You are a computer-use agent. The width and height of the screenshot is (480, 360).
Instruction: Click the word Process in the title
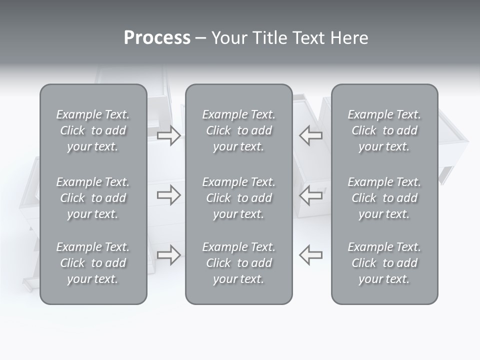coord(157,38)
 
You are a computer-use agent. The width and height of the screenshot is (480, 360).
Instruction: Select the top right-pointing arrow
coord(169,135)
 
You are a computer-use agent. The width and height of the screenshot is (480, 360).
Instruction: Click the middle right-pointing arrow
coord(169,195)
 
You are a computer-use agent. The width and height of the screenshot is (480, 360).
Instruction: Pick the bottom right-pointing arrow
coord(169,255)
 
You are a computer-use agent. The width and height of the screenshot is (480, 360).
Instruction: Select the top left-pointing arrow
coord(311,135)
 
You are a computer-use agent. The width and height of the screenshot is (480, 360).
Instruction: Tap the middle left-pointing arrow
coord(311,195)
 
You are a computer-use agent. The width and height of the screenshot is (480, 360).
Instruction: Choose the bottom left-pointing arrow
coord(311,255)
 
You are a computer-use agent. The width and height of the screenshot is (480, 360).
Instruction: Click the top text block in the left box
coord(93,130)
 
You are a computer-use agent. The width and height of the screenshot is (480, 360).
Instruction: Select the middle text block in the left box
coord(93,198)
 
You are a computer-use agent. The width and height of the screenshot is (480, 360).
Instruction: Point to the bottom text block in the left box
coord(93,263)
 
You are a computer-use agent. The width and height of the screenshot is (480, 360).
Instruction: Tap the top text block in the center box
coord(238,130)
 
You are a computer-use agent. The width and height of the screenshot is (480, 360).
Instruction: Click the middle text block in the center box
coord(238,198)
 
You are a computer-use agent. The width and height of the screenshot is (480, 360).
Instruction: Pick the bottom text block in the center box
coord(238,263)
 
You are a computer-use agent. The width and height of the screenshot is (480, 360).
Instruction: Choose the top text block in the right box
coord(384,130)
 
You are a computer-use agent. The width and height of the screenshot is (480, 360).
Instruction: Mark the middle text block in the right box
coord(384,198)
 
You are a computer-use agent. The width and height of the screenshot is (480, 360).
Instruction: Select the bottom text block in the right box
coord(384,263)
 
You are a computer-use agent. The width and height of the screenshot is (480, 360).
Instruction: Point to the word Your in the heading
coord(228,38)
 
